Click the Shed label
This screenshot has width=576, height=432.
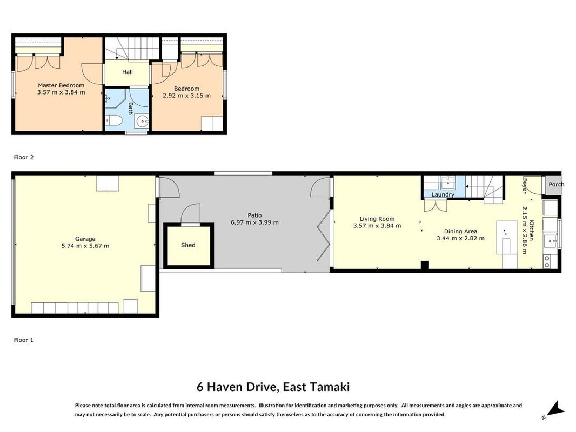188,245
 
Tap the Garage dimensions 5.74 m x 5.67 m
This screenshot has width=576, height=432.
85,246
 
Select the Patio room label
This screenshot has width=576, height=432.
254,215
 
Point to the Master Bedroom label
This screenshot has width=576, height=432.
61,85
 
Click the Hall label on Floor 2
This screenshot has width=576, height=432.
128,72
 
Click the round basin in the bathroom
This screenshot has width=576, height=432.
142,120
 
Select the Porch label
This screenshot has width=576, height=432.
556,184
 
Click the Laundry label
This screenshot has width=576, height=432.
443,194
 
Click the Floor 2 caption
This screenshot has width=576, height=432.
24,157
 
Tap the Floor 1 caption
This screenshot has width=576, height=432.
24,340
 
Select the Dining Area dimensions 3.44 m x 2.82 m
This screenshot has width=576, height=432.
460,238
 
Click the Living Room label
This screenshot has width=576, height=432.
377,219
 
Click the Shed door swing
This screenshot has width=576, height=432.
191,213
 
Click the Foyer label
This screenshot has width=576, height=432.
525,186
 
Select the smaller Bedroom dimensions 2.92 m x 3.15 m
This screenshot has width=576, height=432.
186,96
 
